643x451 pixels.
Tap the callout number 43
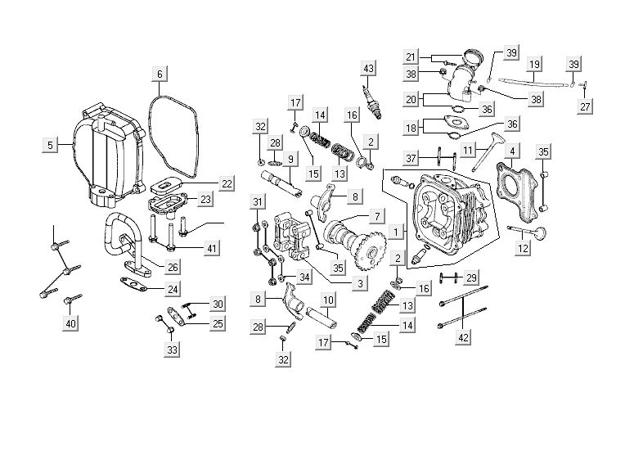click(369, 67)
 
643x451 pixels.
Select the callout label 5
click(50, 145)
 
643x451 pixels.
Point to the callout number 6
click(160, 74)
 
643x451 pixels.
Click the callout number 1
click(397, 232)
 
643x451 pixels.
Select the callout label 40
click(71, 324)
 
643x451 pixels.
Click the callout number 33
click(172, 350)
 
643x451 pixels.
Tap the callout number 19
click(534, 64)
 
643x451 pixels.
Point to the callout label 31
click(258, 202)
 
